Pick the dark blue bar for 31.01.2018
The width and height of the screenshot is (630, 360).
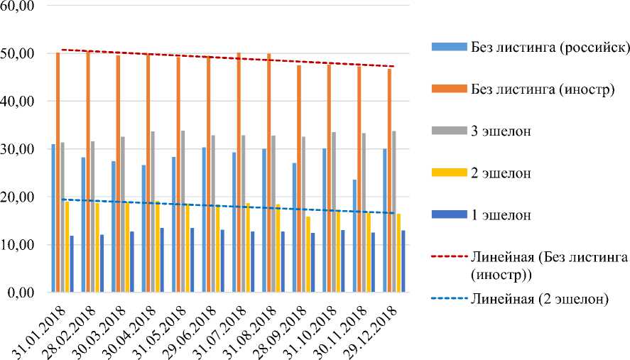[x=72, y=263]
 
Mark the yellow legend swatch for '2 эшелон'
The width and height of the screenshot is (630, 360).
[x=447, y=173]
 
